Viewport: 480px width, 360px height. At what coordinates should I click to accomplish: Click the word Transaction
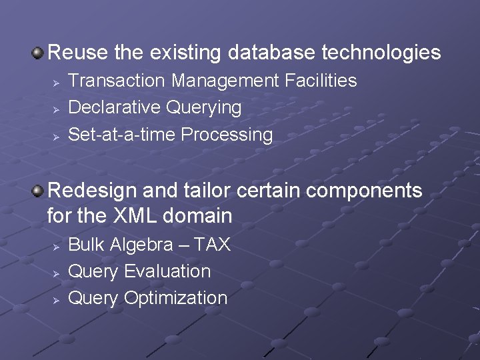(117, 81)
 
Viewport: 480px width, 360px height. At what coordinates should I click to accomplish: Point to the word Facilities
(321, 81)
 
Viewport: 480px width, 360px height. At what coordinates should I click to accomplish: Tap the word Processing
(227, 135)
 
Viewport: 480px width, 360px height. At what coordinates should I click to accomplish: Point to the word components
(364, 191)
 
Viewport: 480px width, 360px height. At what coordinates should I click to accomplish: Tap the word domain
(199, 216)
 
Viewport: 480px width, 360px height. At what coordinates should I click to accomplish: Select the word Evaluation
(167, 271)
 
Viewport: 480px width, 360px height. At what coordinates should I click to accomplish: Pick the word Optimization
(176, 298)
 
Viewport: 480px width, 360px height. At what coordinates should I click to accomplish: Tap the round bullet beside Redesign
(39, 191)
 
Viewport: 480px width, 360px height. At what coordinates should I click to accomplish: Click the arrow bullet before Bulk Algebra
(57, 246)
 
